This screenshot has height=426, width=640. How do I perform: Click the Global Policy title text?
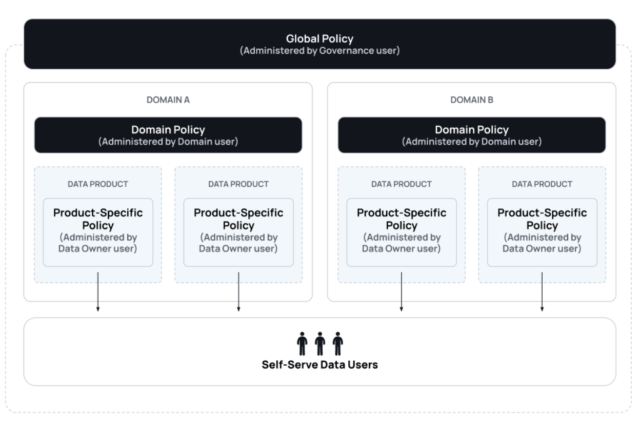click(319, 38)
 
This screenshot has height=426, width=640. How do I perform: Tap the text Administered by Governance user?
click(319, 51)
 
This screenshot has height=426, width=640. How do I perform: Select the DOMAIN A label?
click(168, 100)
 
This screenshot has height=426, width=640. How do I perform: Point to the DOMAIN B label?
click(472, 100)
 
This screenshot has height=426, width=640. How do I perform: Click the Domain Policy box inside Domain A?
click(168, 135)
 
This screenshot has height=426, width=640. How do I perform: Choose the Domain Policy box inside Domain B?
click(472, 135)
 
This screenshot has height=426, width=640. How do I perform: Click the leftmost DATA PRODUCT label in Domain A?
click(98, 184)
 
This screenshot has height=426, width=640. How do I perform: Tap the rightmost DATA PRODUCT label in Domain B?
click(542, 184)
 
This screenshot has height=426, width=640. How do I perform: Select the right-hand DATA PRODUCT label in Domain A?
click(238, 184)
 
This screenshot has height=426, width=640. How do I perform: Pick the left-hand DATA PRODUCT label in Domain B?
click(402, 184)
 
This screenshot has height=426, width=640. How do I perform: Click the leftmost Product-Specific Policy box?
click(98, 233)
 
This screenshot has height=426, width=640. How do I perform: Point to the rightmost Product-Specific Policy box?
click(542, 233)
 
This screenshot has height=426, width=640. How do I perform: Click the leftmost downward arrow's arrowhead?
click(98, 309)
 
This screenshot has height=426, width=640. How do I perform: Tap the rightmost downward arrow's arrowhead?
click(542, 309)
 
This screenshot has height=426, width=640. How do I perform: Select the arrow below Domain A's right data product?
click(238, 292)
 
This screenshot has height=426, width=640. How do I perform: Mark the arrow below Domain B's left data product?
click(402, 292)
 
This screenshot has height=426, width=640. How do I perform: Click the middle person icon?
click(320, 344)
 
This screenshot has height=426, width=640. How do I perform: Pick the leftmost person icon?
click(302, 344)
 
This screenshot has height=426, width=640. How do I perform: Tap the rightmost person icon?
click(338, 344)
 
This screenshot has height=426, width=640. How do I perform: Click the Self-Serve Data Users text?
click(319, 365)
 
